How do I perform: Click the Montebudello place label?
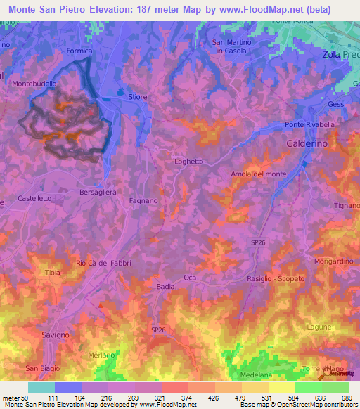click(34, 84)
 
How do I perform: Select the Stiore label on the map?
click(137, 97)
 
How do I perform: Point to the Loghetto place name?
click(188, 161)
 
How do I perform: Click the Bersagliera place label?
click(98, 191)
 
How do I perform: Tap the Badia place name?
click(165, 287)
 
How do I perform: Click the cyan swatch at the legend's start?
click(41, 387)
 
